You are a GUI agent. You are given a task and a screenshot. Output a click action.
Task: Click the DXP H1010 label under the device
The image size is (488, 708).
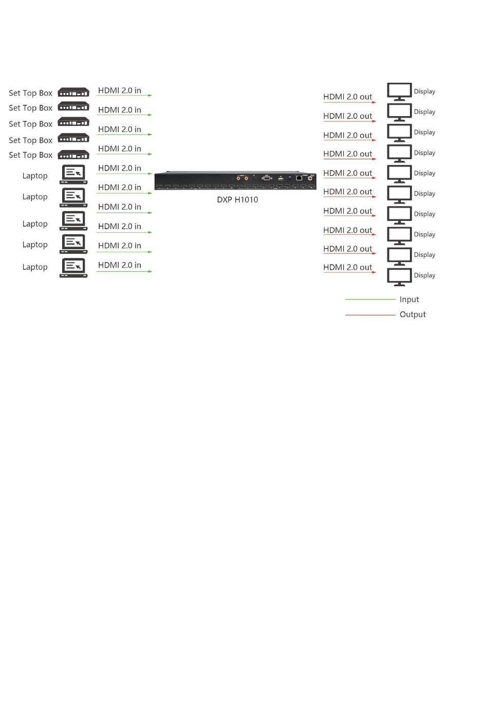pos(237,200)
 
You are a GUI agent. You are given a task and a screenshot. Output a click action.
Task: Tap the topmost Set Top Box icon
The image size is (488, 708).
pos(73,92)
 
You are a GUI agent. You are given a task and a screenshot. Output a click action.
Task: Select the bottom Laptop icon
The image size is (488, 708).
pos(73,267)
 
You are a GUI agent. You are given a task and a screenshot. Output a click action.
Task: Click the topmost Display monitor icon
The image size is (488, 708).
pos(399,91)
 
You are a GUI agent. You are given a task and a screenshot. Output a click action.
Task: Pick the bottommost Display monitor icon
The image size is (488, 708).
pos(399,276)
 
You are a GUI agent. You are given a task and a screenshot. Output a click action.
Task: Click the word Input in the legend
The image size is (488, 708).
pos(409,300)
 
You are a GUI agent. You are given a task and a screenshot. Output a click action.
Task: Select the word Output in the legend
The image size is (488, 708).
pos(412,314)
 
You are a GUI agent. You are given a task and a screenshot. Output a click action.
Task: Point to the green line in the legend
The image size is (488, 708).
pos(370,299)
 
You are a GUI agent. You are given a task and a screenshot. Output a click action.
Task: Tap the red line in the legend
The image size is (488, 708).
pos(370,314)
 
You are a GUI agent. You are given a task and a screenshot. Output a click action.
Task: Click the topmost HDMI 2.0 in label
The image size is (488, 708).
pos(119,90)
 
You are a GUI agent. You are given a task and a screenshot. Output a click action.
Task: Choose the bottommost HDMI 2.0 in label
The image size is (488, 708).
pos(119,265)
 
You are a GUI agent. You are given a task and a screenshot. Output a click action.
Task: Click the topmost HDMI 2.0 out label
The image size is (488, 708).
pos(347,97)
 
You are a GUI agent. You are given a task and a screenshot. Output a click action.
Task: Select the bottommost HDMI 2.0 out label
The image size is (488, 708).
pos(347,267)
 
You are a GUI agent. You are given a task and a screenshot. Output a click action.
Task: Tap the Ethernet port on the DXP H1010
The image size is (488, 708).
pos(298,178)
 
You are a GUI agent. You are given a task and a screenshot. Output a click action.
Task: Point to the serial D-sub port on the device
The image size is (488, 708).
pos(267,178)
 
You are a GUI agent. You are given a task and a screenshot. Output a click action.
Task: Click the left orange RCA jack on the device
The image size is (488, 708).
pos(238,178)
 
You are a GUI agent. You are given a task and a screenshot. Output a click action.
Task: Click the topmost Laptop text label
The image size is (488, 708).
pos(35,176)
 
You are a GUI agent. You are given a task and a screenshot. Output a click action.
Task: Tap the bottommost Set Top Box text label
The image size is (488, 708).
pos(30,155)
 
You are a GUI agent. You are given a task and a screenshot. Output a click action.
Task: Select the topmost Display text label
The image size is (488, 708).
pos(424,91)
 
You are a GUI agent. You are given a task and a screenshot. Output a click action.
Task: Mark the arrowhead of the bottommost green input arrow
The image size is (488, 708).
pos(150,271)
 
